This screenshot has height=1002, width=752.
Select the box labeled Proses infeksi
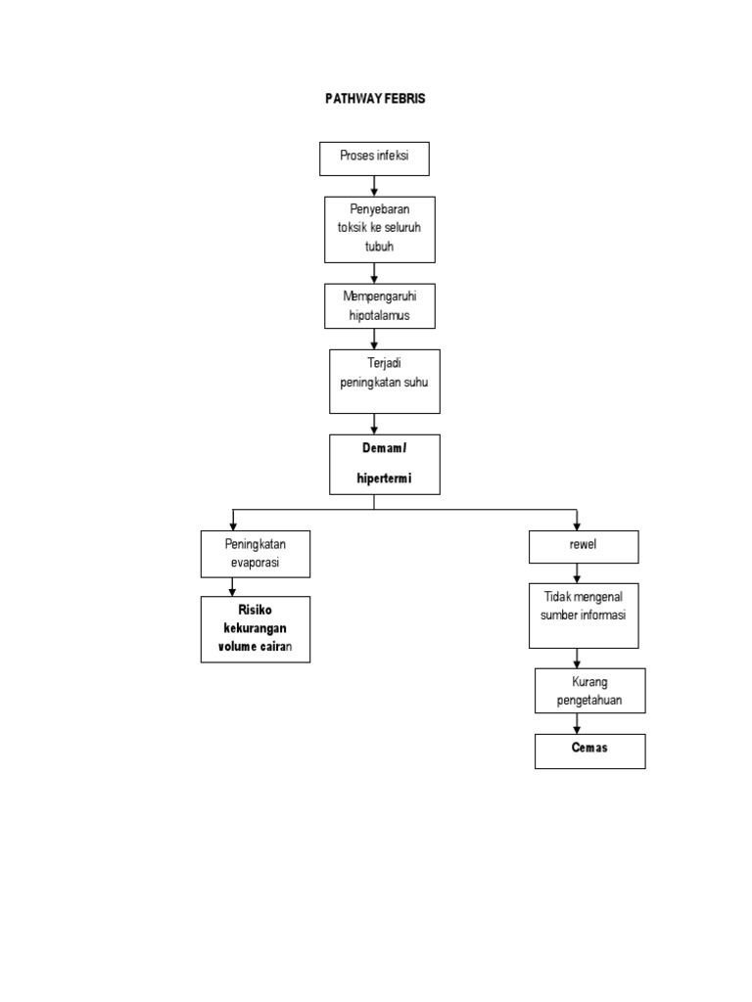click(374, 159)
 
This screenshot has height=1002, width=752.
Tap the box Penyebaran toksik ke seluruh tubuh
click(380, 229)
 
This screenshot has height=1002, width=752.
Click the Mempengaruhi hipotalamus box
click(380, 305)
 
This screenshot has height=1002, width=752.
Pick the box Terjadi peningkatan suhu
click(384, 382)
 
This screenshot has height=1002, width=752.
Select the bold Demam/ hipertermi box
click(384, 464)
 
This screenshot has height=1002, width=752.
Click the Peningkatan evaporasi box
click(256, 554)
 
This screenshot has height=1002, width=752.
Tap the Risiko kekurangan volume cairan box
click(256, 629)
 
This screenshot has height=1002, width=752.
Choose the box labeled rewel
click(583, 547)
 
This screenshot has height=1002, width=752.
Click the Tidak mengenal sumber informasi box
click(584, 615)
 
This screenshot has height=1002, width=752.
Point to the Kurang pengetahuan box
click(589, 691)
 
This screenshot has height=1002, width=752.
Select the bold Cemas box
click(589, 751)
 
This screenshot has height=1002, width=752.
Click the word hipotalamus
click(380, 315)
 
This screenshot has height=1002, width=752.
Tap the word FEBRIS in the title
click(405, 99)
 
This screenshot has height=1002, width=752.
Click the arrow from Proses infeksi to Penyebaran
click(374, 186)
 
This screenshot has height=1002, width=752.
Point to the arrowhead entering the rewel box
click(577, 525)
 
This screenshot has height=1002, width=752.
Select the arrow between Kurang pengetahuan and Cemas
click(577, 724)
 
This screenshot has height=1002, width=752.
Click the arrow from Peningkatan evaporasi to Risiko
click(232, 587)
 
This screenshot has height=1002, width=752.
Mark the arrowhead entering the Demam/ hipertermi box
click(374, 429)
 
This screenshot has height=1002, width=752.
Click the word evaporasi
click(256, 564)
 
